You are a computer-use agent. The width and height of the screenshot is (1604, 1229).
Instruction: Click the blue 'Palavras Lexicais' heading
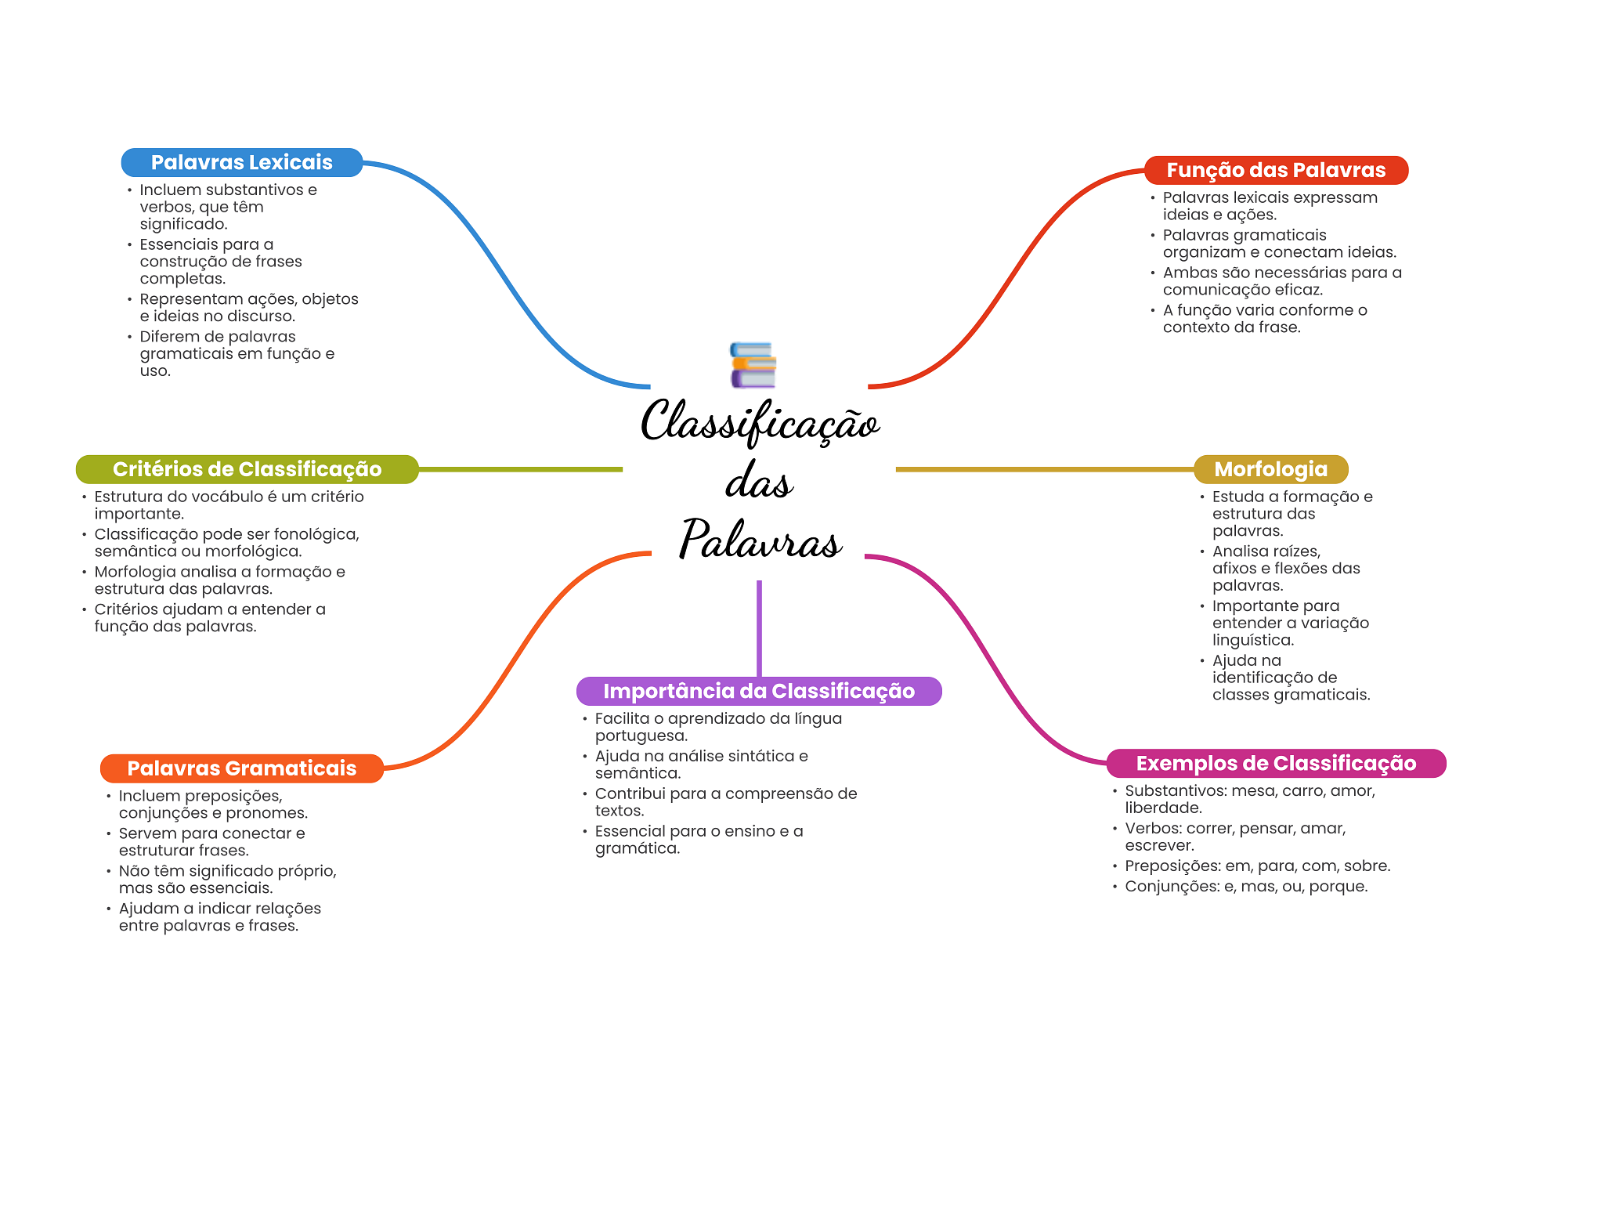(x=241, y=162)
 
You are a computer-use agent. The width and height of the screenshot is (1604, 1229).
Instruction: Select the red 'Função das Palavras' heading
(x=1276, y=170)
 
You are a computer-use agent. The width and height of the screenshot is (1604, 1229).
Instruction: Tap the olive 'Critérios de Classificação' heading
(x=247, y=469)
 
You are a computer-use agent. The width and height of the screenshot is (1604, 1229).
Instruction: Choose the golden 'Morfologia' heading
(x=1270, y=469)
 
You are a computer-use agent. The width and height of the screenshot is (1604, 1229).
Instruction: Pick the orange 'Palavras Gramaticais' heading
(x=241, y=768)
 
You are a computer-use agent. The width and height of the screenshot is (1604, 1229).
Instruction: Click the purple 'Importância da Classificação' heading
(x=758, y=691)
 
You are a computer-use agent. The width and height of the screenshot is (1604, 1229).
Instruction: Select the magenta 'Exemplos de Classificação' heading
(x=1276, y=763)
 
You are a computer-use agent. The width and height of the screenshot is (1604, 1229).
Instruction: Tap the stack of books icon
(x=753, y=365)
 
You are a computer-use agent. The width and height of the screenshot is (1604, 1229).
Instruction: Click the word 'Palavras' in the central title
(x=760, y=539)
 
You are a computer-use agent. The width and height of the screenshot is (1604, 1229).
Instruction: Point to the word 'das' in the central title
(x=759, y=481)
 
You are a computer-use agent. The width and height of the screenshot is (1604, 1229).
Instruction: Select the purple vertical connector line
(x=759, y=627)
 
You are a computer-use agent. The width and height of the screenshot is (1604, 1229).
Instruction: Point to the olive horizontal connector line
(x=521, y=469)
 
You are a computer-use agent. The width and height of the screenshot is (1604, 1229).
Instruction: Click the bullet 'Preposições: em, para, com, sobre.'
(x=1257, y=866)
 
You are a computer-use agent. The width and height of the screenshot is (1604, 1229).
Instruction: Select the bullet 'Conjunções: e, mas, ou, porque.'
(x=1246, y=886)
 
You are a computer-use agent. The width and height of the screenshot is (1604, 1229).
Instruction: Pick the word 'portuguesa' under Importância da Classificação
(x=640, y=736)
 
